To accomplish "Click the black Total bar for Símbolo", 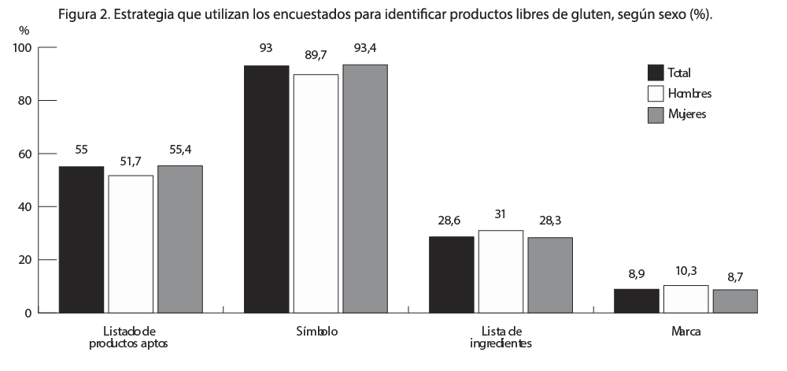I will click(266, 189).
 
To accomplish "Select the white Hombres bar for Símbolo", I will click(316, 193).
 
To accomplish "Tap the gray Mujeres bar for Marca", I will click(736, 301).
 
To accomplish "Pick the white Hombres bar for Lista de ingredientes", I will click(501, 271).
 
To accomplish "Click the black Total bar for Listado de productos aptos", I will click(81, 239).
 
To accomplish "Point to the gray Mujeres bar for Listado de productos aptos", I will click(179, 239).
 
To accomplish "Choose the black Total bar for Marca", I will click(637, 301).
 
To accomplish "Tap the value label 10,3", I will click(685, 271).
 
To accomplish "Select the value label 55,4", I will click(179, 149).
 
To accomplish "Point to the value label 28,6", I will click(451, 221).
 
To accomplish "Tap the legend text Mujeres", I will click(687, 114).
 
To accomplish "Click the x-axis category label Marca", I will click(686, 332).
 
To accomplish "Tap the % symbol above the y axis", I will click(24, 30).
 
